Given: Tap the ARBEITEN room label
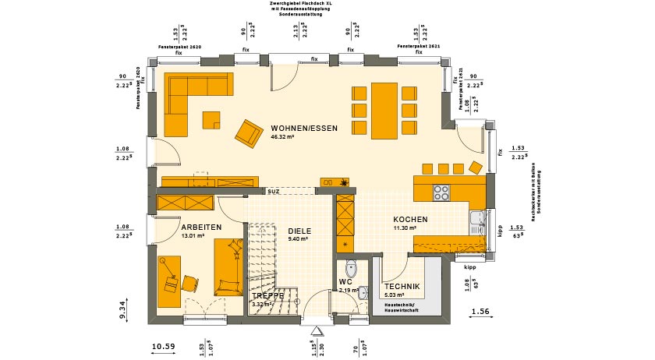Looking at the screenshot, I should pos(202,227).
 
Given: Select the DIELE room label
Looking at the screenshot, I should pos(299,231).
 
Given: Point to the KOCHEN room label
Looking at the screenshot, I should pos(410,220).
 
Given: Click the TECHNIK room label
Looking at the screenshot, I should pos(402,287).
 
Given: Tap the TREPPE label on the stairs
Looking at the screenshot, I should pos(267,296).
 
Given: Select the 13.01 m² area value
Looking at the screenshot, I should pos(193,235).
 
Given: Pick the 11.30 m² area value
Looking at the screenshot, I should pos(406,228).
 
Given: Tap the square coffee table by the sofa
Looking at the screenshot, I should pos(211,119).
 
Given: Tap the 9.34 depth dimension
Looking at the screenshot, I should pos(123,310).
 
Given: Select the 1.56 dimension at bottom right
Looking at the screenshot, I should pos(480,312).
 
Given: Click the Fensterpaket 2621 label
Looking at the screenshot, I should pos(419,48).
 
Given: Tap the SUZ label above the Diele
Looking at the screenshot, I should pos(273,191).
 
